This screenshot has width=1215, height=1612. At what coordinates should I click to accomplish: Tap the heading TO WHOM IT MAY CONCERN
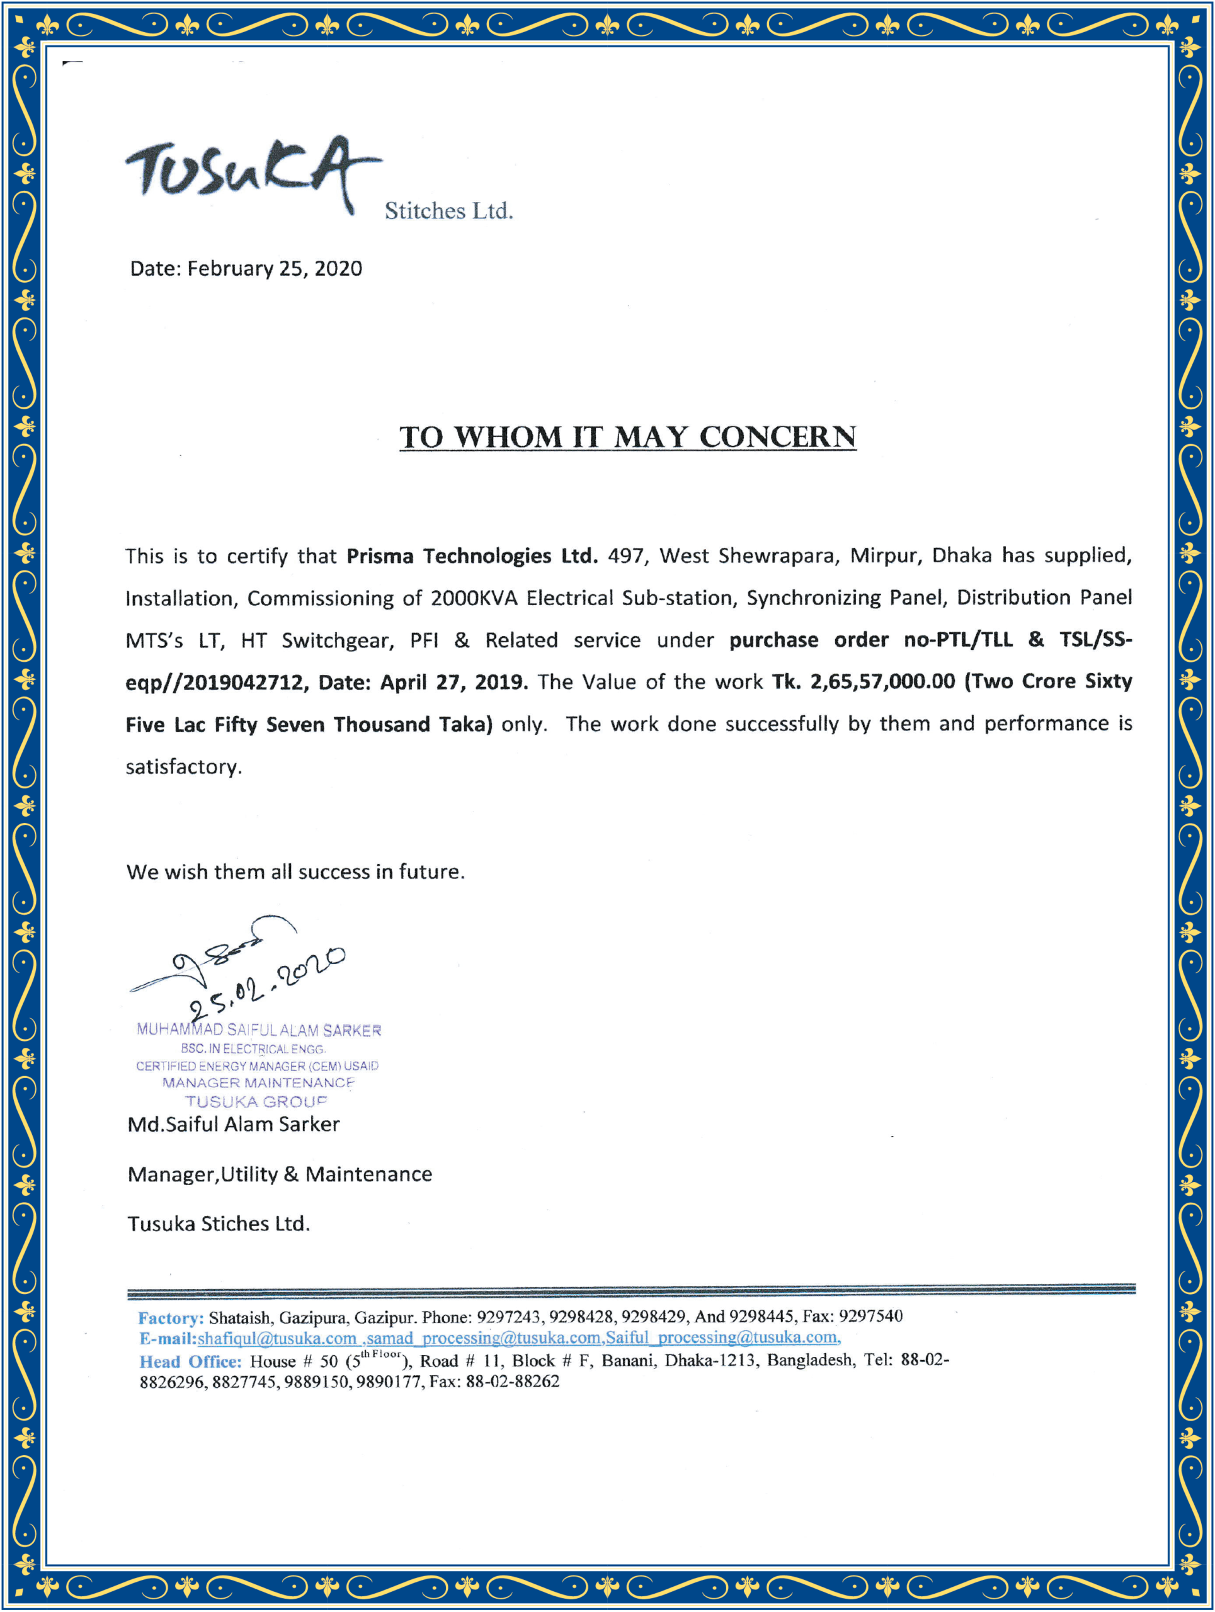(x=627, y=437)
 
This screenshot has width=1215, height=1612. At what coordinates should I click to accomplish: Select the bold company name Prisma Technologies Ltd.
(x=472, y=556)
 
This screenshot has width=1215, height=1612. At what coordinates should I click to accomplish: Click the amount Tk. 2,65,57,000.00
(x=863, y=681)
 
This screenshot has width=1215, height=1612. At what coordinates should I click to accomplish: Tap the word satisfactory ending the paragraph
(x=183, y=767)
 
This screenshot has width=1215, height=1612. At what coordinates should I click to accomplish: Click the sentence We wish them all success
(x=295, y=871)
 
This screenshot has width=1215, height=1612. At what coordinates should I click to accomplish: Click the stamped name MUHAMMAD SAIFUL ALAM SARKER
(x=259, y=1030)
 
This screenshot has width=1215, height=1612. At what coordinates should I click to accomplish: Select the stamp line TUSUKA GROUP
(x=256, y=1101)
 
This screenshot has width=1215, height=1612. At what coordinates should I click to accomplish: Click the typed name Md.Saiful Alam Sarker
(x=233, y=1124)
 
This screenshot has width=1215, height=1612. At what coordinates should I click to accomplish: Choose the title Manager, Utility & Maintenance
(x=279, y=1174)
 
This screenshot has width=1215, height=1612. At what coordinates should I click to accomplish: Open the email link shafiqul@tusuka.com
(x=277, y=1338)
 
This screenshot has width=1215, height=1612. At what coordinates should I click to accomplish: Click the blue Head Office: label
(x=190, y=1361)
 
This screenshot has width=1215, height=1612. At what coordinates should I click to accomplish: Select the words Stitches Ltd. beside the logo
(x=449, y=212)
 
